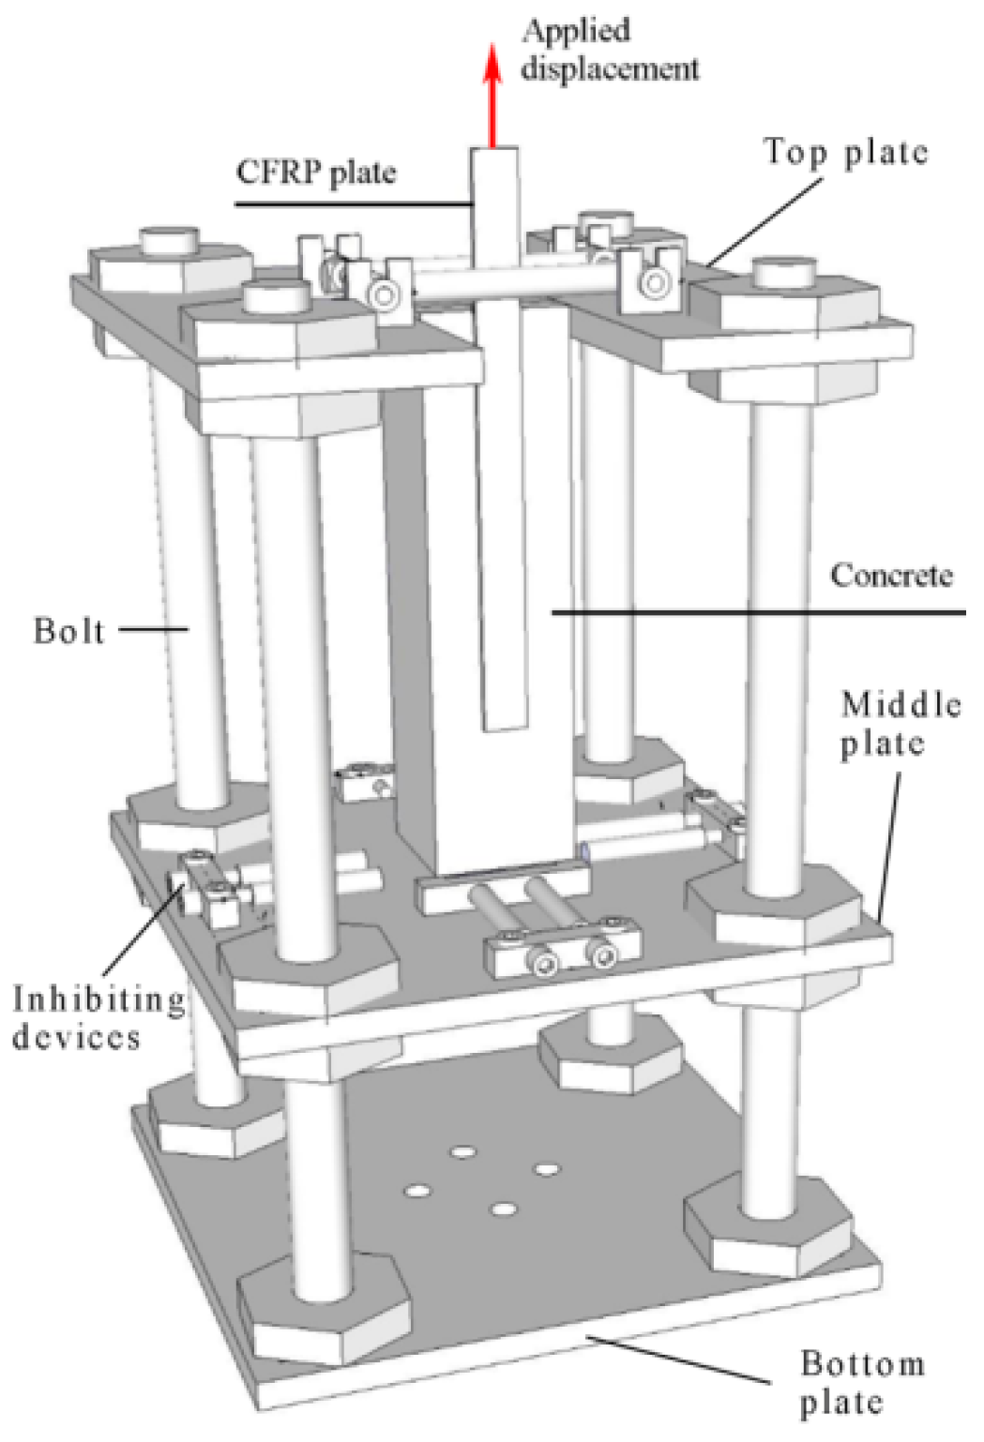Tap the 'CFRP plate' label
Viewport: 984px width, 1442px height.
(x=315, y=172)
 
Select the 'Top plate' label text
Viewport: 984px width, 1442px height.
(x=845, y=152)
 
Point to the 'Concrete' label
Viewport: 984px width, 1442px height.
(x=890, y=575)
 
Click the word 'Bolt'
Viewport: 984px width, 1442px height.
(x=68, y=630)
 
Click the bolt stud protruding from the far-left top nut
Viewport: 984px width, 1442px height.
(x=170, y=239)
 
